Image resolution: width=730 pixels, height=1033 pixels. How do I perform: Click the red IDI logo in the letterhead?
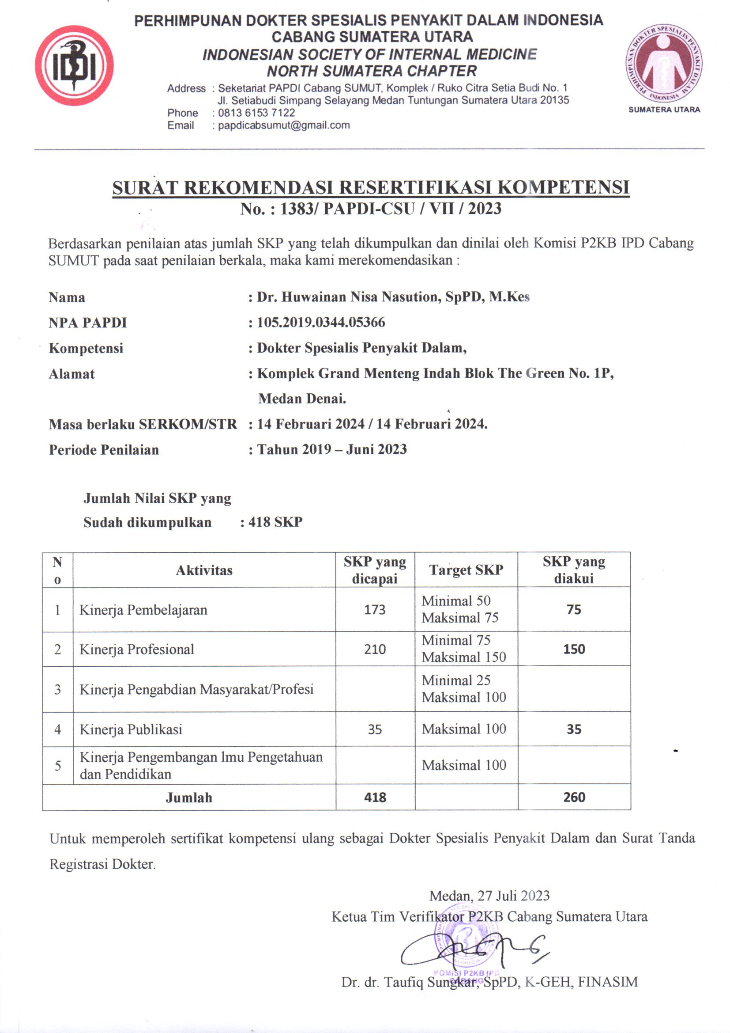pos(74,66)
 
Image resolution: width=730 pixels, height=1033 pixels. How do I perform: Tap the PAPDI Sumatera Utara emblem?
pos(664,63)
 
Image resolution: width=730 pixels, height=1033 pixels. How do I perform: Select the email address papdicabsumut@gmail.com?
pos(284,125)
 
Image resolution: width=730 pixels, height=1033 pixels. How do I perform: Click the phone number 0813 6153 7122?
pos(256,113)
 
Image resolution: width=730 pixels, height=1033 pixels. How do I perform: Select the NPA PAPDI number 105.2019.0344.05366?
pos(321,323)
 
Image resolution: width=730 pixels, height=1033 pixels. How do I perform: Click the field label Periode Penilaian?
pos(104,450)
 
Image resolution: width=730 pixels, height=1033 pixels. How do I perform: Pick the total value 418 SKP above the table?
pos(275,522)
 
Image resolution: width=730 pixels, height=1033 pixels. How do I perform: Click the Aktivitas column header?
pos(204,570)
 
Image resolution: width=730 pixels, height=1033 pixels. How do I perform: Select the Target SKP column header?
pos(466,570)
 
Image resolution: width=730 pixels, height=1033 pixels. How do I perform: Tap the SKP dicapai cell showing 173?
pos(375,610)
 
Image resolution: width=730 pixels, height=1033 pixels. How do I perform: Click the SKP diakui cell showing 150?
pos(574,649)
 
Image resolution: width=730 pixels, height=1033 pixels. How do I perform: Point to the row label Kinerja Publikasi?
pos(131,729)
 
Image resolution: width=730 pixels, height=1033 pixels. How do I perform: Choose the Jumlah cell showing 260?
pos(574,798)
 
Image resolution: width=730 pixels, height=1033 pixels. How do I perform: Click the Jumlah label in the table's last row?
pos(189,798)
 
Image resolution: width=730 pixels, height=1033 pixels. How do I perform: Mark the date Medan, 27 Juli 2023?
pos(489,896)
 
